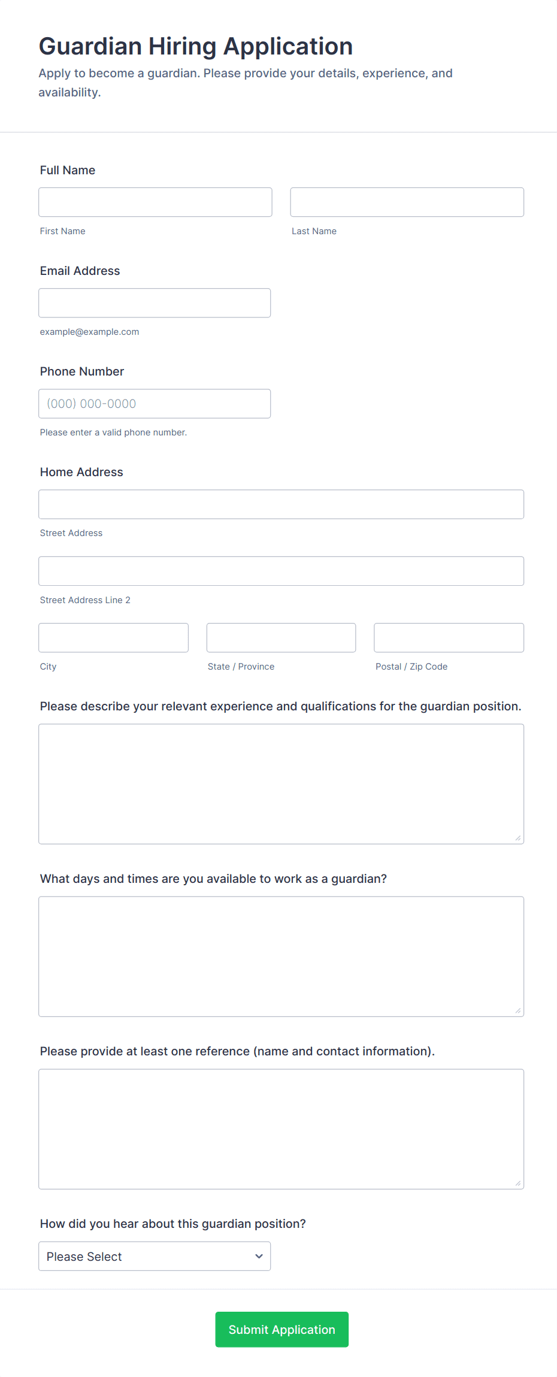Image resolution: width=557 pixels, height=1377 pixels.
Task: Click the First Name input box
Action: [155, 202]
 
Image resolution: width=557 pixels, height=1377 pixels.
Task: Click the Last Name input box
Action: [407, 202]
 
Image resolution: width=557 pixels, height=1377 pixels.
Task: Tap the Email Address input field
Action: [155, 303]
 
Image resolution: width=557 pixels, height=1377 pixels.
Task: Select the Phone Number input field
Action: [155, 404]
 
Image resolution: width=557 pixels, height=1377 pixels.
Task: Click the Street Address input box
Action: [281, 504]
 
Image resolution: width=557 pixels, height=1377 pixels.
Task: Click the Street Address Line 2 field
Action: [281, 571]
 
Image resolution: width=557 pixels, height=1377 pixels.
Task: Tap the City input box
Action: [113, 638]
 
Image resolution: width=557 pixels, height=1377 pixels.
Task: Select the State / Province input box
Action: [281, 638]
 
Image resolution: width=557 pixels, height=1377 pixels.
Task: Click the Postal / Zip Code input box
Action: [449, 638]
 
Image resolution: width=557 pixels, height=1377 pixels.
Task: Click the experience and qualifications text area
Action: [281, 784]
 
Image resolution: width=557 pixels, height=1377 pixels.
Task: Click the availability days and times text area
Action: [281, 957]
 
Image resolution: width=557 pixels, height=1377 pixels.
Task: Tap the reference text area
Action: [281, 1129]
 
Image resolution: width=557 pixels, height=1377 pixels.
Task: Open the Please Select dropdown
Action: [155, 1256]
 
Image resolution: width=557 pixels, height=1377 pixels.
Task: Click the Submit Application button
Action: [281, 1330]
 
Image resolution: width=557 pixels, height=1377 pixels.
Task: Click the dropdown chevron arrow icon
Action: [259, 1256]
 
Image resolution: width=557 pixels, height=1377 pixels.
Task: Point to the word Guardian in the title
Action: [90, 47]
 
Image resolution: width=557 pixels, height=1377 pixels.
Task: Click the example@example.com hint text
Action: [89, 332]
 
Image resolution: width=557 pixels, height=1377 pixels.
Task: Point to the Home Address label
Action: [81, 472]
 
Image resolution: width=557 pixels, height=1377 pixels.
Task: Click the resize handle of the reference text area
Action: [518, 1183]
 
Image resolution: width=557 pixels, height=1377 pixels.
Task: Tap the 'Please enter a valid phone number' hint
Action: [113, 432]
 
